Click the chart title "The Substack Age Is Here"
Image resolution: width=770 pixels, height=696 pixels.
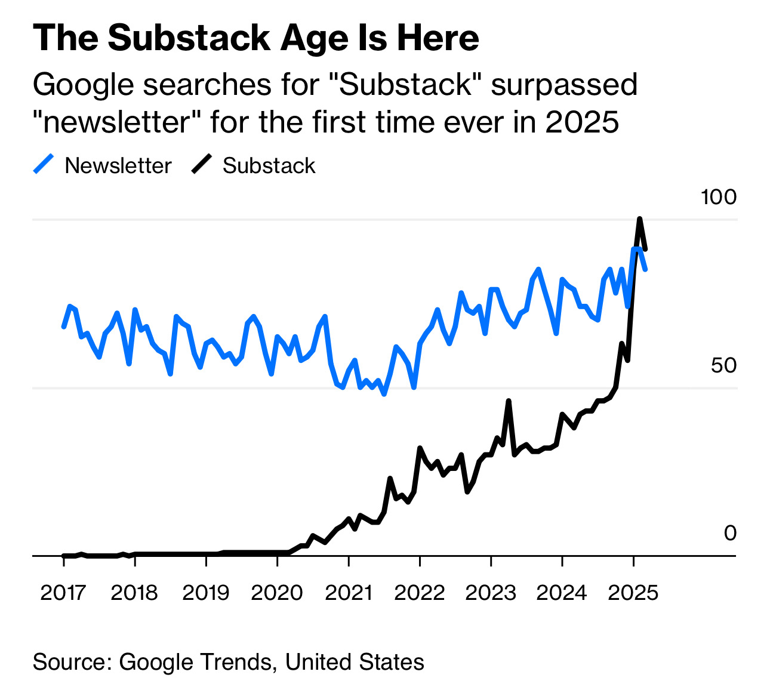coord(255,38)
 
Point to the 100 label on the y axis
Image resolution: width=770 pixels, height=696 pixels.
coord(719,197)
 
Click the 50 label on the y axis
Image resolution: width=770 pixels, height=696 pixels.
coord(723,365)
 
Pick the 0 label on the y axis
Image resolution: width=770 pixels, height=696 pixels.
coord(730,533)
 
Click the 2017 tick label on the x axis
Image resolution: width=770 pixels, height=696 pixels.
coord(63,593)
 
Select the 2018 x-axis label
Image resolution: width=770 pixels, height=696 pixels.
coord(134,593)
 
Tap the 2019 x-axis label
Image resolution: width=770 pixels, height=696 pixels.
coord(205,593)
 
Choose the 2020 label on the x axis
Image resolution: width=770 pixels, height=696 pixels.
coord(277,593)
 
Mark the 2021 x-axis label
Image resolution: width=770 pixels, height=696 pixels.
coord(348,593)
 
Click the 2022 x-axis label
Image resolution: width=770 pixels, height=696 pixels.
coord(420,593)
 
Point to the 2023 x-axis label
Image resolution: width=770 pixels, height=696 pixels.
coord(491,593)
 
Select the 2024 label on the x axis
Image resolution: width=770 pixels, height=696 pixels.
coord(562,593)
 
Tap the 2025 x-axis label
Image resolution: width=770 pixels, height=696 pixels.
coord(633,593)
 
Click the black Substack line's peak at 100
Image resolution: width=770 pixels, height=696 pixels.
coord(639,219)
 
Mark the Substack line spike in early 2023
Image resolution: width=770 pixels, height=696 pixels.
coord(509,401)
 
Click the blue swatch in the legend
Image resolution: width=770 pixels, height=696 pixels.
coord(44,164)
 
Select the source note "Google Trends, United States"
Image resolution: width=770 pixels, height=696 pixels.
coord(272,662)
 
